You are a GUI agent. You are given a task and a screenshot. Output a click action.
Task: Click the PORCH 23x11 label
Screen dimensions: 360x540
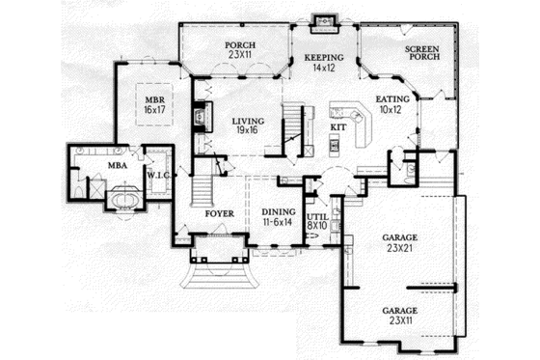[x=238, y=50]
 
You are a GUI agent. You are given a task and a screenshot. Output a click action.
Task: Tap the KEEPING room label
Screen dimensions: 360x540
[x=324, y=63]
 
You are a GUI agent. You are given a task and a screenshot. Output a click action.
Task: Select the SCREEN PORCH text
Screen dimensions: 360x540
[x=422, y=53]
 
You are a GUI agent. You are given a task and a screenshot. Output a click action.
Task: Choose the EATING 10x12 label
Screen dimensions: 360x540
[x=392, y=103]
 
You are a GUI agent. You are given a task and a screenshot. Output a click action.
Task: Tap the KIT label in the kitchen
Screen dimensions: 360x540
[x=338, y=126]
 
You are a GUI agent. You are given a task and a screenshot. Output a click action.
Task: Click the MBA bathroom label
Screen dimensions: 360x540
[x=117, y=166]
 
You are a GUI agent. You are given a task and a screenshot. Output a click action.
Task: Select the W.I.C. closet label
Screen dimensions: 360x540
[x=159, y=175]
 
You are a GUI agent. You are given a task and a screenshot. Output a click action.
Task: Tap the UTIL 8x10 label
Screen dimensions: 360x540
[x=317, y=221]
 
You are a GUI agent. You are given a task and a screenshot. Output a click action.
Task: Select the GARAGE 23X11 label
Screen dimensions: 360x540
[x=398, y=315]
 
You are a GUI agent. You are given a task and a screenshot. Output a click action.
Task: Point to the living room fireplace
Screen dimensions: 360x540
[x=202, y=117]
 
